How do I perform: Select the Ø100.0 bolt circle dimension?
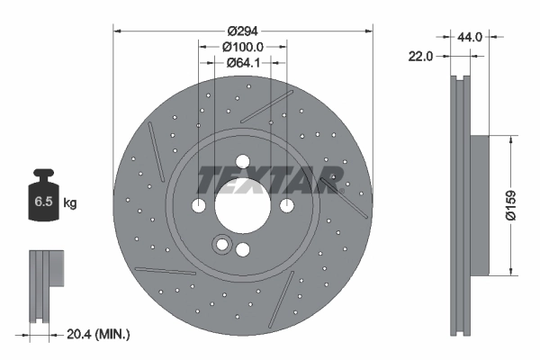[x=242, y=46]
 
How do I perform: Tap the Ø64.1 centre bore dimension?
[x=242, y=62]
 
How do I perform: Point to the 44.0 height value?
[x=471, y=37]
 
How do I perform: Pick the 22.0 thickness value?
[x=421, y=55]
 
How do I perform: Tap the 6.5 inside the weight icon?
[x=42, y=202]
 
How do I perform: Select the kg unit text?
[x=69, y=203]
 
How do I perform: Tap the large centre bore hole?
[x=241, y=206]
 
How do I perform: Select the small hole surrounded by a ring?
[x=221, y=244]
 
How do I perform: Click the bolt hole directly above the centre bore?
[x=241, y=162]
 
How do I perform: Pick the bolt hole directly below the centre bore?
[x=242, y=250]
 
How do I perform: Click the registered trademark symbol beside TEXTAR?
[x=341, y=189]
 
